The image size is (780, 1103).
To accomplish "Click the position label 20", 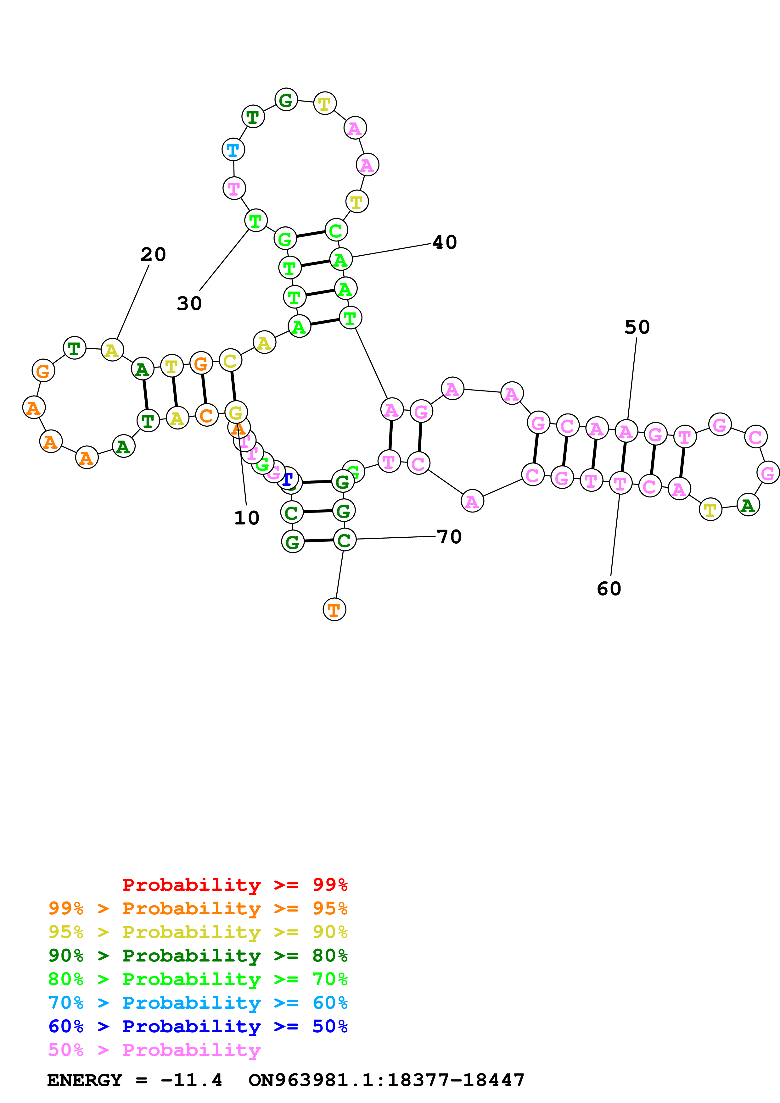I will tap(153, 255).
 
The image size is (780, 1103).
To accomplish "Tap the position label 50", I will tap(637, 328).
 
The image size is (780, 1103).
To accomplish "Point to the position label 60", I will tap(609, 589).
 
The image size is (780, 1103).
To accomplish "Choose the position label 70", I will tap(449, 537).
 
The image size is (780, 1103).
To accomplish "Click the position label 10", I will tap(247, 518).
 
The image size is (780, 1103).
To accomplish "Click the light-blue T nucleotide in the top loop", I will tap(233, 150).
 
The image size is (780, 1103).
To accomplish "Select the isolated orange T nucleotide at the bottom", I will tap(334, 610).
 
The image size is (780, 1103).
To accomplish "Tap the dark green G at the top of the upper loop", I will tap(286, 100).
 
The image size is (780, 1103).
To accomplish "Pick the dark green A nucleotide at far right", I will tap(748, 505).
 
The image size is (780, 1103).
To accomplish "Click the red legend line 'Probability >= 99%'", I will tap(234, 885).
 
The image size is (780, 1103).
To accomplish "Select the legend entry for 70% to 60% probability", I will tap(198, 1003).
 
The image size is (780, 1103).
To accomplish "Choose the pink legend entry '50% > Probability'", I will tap(154, 1050).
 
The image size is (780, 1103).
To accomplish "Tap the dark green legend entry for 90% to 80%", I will tap(198, 956).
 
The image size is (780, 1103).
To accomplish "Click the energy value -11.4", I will tap(191, 1080).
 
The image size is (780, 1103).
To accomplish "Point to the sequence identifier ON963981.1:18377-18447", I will tap(386, 1080).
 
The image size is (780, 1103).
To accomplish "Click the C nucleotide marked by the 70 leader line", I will tap(344, 540).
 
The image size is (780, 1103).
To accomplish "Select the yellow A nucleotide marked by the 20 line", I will tap(112, 350).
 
